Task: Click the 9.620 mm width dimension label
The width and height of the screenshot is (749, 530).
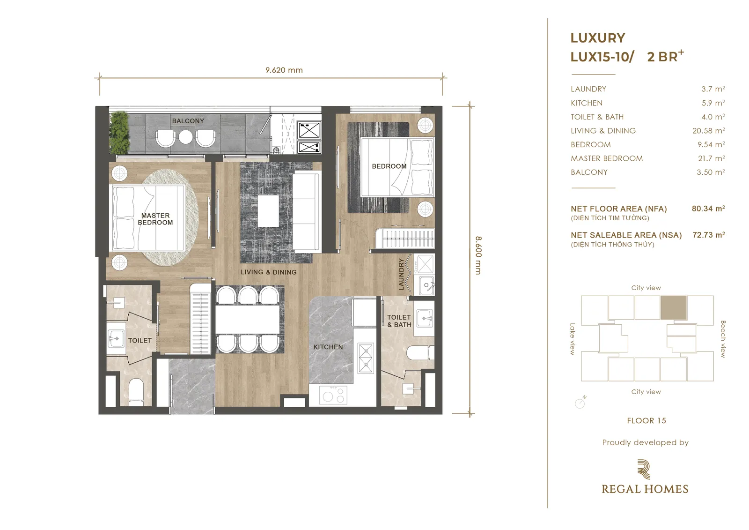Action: point(284,70)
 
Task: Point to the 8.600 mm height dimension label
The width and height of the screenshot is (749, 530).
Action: point(478,255)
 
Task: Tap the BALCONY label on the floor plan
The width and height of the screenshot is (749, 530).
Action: point(188,121)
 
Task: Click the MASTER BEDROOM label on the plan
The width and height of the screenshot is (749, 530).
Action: point(155,219)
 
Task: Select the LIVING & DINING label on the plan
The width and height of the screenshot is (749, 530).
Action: point(269,272)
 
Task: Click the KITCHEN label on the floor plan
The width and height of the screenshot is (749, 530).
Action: point(328,347)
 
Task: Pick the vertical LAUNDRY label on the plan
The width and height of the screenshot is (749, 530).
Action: point(401,274)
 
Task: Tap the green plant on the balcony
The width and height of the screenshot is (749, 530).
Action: point(119,133)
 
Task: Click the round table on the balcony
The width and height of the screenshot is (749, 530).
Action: point(185,136)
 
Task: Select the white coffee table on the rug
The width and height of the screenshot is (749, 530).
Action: point(268,211)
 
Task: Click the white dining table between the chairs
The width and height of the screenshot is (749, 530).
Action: point(248,319)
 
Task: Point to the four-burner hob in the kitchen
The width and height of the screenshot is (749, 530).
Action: point(333,395)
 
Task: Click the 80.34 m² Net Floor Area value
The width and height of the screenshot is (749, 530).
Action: point(708,209)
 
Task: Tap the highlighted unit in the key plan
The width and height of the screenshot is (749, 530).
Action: point(674,307)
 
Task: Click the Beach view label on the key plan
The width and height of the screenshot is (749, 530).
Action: point(723,339)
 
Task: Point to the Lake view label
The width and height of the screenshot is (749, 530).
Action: point(573,339)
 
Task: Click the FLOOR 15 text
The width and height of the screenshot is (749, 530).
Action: point(646,420)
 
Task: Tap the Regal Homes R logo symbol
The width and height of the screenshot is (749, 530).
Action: point(644,469)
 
